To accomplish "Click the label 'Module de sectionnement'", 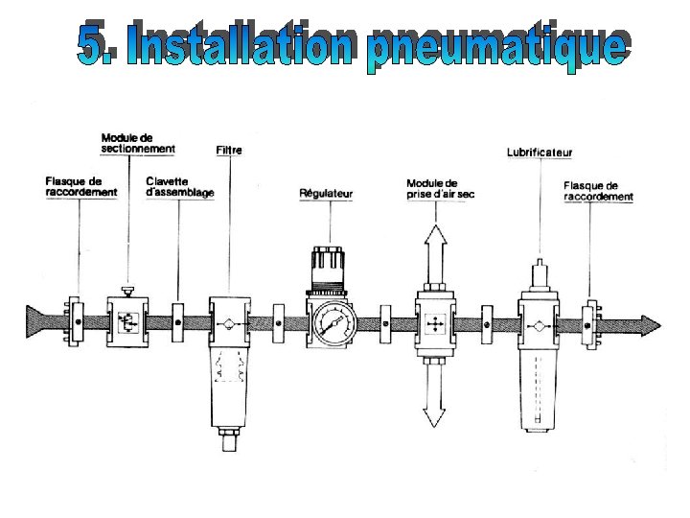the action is (138, 143).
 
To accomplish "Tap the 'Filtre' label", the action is (229, 150).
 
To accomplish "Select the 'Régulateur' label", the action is (326, 194).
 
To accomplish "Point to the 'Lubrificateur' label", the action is (539, 153).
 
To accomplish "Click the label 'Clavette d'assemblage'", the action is (179, 186).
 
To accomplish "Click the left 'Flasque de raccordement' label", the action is (81, 186).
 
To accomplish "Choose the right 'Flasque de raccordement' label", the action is (598, 191).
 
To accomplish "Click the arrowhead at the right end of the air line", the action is (651, 324).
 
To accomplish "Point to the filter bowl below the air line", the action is (229, 384).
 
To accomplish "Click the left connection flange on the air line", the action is (71, 323).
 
